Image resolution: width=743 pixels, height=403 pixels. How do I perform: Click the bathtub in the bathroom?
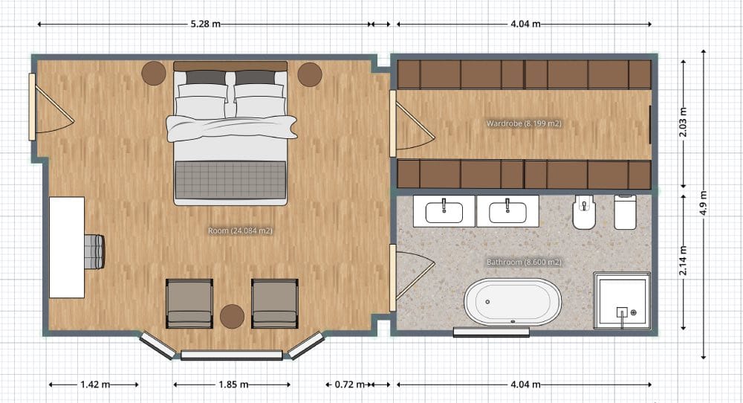click(x=513, y=302)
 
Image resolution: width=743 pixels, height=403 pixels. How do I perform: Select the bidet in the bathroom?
click(x=584, y=213)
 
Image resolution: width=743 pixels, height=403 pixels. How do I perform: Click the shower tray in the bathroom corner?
click(x=623, y=300)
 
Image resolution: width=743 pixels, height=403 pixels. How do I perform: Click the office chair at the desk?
click(x=94, y=251)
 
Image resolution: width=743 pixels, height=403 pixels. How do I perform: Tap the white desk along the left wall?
click(x=67, y=247)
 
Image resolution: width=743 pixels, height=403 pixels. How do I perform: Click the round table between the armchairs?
click(x=232, y=316)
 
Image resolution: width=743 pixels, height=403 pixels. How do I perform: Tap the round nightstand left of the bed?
click(x=155, y=74)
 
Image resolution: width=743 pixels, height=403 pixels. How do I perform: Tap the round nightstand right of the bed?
click(x=310, y=74)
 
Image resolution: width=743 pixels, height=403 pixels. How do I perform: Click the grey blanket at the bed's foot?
click(x=230, y=180)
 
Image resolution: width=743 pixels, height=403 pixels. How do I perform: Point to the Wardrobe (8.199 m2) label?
click(x=523, y=123)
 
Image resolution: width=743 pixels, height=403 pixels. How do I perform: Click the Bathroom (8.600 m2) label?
click(x=524, y=262)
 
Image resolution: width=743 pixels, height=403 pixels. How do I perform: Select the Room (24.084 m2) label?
click(x=240, y=230)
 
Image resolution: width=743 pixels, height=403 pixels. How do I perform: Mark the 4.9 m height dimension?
click(x=704, y=202)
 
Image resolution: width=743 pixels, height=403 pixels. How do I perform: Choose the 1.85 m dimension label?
click(x=232, y=384)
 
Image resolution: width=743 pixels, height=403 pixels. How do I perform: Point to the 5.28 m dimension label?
click(x=205, y=24)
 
